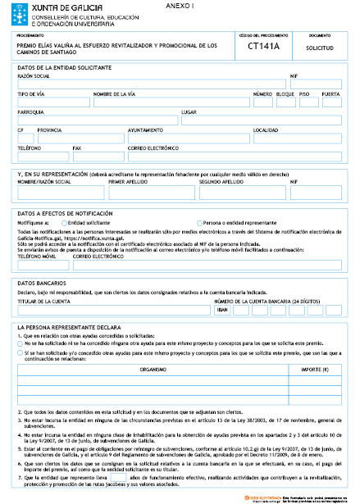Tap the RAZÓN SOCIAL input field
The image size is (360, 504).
click(151, 84)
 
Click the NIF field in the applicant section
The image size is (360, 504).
click(316, 84)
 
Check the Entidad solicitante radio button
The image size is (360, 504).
click(64, 222)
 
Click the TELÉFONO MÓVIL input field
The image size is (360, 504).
click(43, 264)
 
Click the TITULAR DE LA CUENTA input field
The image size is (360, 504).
click(113, 310)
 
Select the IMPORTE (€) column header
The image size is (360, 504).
click(310, 347)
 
